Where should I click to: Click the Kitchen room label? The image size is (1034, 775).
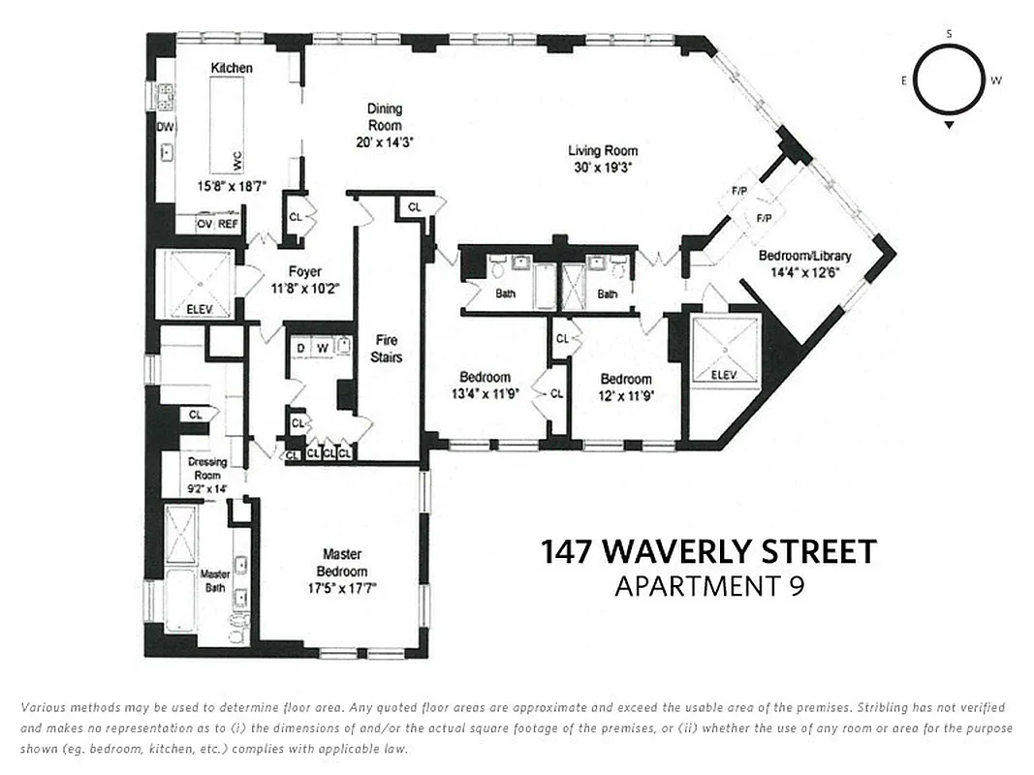[x=232, y=68]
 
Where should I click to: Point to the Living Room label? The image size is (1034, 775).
[x=603, y=150]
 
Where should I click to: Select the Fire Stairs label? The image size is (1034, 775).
[x=387, y=349]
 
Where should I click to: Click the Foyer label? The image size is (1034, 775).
[x=304, y=272]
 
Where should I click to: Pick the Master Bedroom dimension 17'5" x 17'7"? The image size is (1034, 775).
[x=341, y=587]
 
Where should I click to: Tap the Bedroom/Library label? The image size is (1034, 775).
[x=804, y=256]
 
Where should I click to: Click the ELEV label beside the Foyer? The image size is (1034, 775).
[x=199, y=309]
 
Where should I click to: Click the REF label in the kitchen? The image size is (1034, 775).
[x=228, y=224]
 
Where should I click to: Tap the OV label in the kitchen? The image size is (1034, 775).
[x=204, y=224]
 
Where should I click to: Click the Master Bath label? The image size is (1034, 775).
[x=214, y=580]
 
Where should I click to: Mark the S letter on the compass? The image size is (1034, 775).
[x=949, y=34]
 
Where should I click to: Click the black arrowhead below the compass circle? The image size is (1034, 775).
[x=949, y=125]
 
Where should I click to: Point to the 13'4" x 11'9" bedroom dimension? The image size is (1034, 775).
[x=485, y=393]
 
